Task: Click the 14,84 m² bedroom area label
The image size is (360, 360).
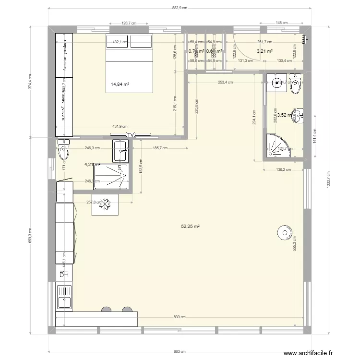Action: (120, 84)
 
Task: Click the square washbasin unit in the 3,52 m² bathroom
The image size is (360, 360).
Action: (277, 83)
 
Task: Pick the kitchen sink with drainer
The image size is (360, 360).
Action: (64, 297)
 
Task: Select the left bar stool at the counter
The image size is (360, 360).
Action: (105, 310)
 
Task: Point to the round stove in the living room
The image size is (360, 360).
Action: (284, 233)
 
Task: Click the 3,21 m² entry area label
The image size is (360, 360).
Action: (264, 51)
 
